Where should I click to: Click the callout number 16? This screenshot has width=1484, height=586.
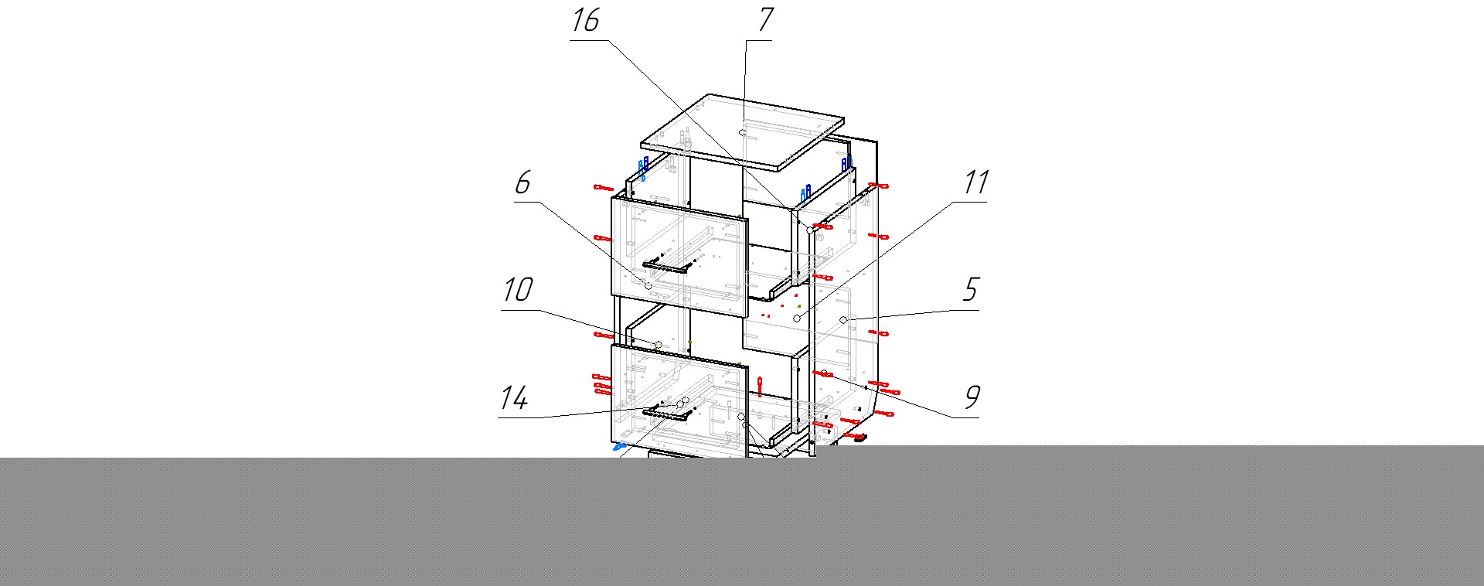(x=585, y=20)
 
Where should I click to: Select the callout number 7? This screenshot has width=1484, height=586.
(x=764, y=20)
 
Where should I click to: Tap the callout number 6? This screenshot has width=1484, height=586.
(x=522, y=183)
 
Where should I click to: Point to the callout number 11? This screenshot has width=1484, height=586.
(x=975, y=183)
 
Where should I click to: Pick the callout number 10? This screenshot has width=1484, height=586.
(x=517, y=291)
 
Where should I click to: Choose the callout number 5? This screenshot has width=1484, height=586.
(x=971, y=290)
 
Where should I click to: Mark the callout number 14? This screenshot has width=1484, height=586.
(x=514, y=399)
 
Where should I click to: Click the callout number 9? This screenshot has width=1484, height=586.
(x=972, y=397)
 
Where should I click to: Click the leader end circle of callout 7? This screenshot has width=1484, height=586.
(x=743, y=133)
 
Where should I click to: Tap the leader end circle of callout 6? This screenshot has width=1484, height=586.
(x=648, y=286)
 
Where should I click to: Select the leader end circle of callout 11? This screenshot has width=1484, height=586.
(x=797, y=319)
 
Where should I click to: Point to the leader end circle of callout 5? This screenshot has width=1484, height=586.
(x=843, y=319)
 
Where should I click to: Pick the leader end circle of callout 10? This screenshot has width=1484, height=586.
(x=659, y=345)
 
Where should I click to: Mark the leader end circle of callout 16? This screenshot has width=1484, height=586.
(x=810, y=230)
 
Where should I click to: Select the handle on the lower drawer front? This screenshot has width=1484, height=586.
(x=668, y=412)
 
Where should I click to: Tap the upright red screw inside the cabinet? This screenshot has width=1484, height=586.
(x=760, y=386)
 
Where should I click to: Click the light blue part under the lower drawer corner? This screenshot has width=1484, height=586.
(x=618, y=446)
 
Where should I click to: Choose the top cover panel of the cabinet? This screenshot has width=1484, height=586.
(x=742, y=131)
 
